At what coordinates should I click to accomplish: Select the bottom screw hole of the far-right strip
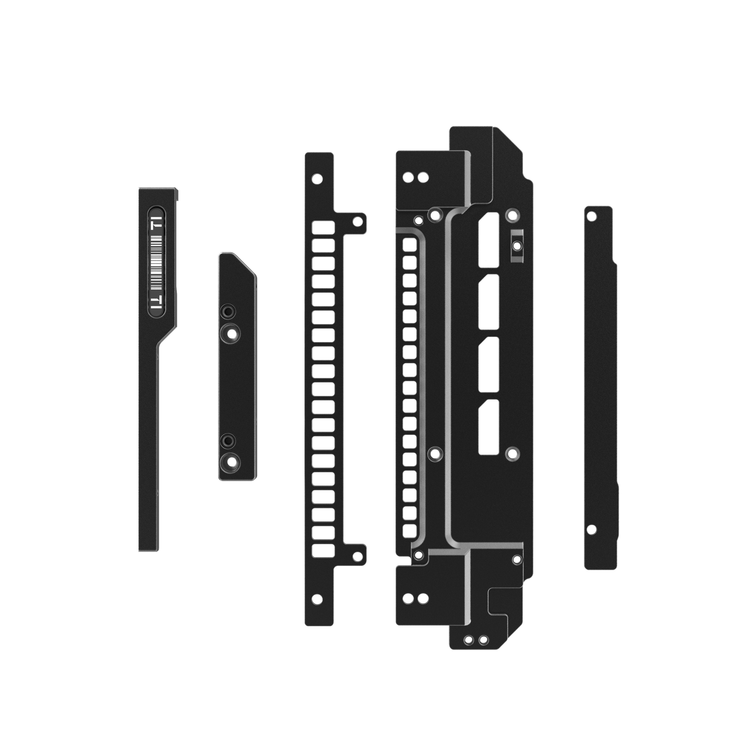click(x=590, y=529)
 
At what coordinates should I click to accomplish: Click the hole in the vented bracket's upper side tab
click(x=356, y=221)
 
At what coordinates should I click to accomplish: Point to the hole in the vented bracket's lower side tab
click(x=356, y=556)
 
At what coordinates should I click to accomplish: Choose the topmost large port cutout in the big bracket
click(x=489, y=241)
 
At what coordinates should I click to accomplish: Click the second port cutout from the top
click(x=489, y=302)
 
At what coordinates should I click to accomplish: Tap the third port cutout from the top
click(x=489, y=364)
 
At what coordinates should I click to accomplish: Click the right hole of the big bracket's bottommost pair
click(x=483, y=639)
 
